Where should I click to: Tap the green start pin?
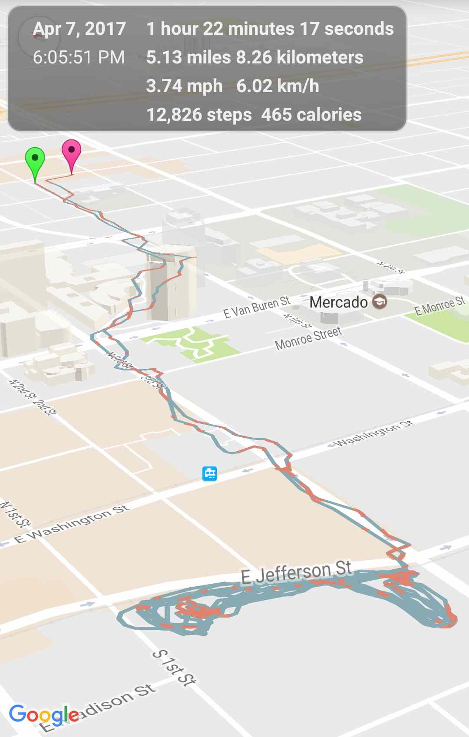35,161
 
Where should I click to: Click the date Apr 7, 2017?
79,29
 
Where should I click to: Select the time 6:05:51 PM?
79,57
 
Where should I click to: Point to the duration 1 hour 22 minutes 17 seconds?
270,29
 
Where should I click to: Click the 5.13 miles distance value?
188,57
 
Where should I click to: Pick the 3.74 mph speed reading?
184,86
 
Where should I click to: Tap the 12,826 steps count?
199,115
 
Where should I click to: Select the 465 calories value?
311,115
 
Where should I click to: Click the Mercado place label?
338,302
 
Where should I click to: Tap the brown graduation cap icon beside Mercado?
380,301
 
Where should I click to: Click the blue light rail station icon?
210,473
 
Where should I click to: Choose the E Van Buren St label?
256,307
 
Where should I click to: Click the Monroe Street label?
308,338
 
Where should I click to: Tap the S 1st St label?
174,668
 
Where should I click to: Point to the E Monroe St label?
439,305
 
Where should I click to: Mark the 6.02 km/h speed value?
277,86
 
